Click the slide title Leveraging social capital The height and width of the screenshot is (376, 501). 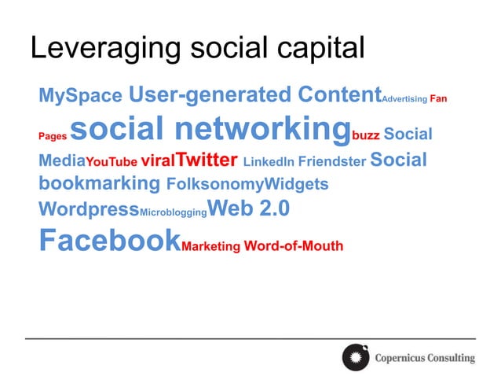point(197,48)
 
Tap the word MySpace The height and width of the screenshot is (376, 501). point(80,97)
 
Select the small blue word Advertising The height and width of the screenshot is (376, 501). point(404,99)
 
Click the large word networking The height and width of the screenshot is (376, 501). point(261,128)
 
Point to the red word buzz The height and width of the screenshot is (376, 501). point(366,135)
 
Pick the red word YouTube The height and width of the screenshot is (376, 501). point(111,163)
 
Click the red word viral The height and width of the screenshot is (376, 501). point(158,162)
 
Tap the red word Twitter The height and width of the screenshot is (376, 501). point(207,160)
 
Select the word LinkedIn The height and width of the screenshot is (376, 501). point(269,162)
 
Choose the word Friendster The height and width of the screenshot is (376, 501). point(332,162)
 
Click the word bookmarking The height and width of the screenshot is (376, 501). point(99,184)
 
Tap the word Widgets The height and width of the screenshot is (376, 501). point(296,185)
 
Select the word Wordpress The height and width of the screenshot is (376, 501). point(89,210)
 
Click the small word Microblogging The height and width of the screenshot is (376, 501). point(173,212)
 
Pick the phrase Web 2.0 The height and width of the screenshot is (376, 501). point(249,208)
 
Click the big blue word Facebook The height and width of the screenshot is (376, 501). point(109,240)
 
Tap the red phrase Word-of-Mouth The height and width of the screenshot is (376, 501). point(294,245)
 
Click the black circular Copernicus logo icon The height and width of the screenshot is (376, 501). point(355,357)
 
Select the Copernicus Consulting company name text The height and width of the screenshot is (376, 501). point(425,358)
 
